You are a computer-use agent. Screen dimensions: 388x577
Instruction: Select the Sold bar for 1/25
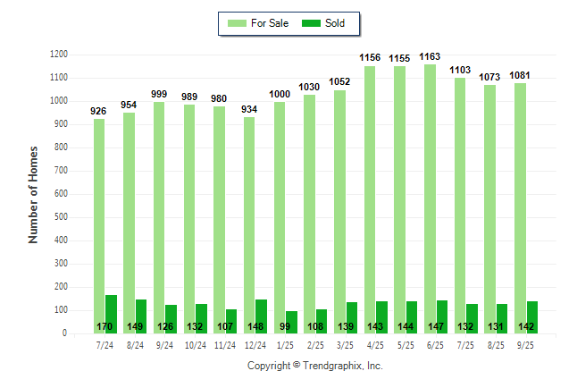(292, 316)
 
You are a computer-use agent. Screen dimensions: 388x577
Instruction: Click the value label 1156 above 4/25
(370, 58)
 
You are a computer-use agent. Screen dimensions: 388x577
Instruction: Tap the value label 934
(249, 110)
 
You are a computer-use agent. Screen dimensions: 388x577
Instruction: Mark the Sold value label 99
(286, 326)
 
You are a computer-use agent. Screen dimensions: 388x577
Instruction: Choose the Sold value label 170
(105, 326)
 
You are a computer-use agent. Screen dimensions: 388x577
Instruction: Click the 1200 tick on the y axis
(59, 55)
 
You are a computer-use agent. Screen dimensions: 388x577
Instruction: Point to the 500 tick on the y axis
(61, 217)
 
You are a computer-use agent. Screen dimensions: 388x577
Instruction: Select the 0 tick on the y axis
(64, 333)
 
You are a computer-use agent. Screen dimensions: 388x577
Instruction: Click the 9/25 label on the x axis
(526, 344)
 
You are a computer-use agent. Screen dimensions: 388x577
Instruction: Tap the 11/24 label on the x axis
(225, 344)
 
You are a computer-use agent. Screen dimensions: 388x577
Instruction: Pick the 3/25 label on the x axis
(346, 344)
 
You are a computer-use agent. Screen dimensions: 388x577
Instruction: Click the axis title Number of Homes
(34, 194)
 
